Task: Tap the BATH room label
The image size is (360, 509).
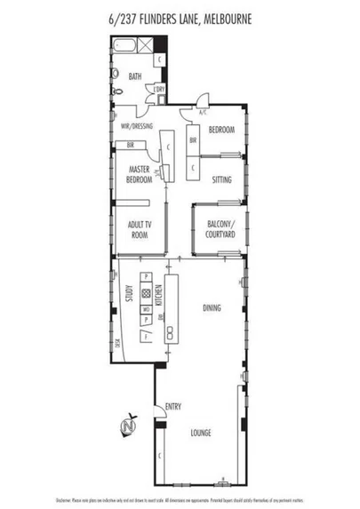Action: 134,77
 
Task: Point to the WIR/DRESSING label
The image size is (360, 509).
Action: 137,127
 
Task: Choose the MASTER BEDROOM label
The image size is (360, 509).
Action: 139,174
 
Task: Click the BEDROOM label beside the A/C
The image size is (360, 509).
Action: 221,131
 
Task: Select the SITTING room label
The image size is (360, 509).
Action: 221,179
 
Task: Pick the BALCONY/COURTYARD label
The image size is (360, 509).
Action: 220,229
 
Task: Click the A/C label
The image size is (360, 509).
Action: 203,113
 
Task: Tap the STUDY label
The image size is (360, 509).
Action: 129,293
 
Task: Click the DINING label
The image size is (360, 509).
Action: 211,309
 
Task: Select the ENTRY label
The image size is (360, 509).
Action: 173,408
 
